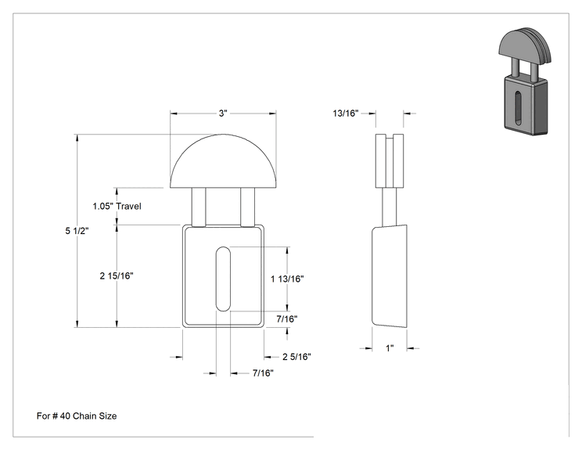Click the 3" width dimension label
pyautogui.click(x=223, y=113)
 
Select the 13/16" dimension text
pyautogui.click(x=346, y=113)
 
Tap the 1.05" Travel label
pyautogui.click(x=117, y=206)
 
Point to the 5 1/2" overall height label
pyautogui.click(x=77, y=231)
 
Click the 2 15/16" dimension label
pyautogui.click(x=117, y=275)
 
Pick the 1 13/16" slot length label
pyautogui.click(x=287, y=279)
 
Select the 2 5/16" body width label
pyautogui.click(x=296, y=357)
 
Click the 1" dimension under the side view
pyautogui.click(x=390, y=348)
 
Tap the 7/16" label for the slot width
pyautogui.click(x=263, y=373)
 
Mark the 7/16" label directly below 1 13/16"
pyautogui.click(x=287, y=319)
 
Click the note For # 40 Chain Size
pyautogui.click(x=77, y=416)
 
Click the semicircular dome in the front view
pyautogui.click(x=223, y=160)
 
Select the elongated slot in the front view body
pyautogui.click(x=223, y=279)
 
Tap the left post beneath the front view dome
pyautogui.click(x=198, y=207)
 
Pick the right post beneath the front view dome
pyautogui.click(x=247, y=207)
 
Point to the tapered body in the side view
pyautogui.click(x=390, y=276)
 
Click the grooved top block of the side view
pyautogui.click(x=390, y=160)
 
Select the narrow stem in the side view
pyautogui.click(x=390, y=207)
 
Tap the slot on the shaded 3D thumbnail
pyautogui.click(x=517, y=107)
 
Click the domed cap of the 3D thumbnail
pyautogui.click(x=525, y=44)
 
